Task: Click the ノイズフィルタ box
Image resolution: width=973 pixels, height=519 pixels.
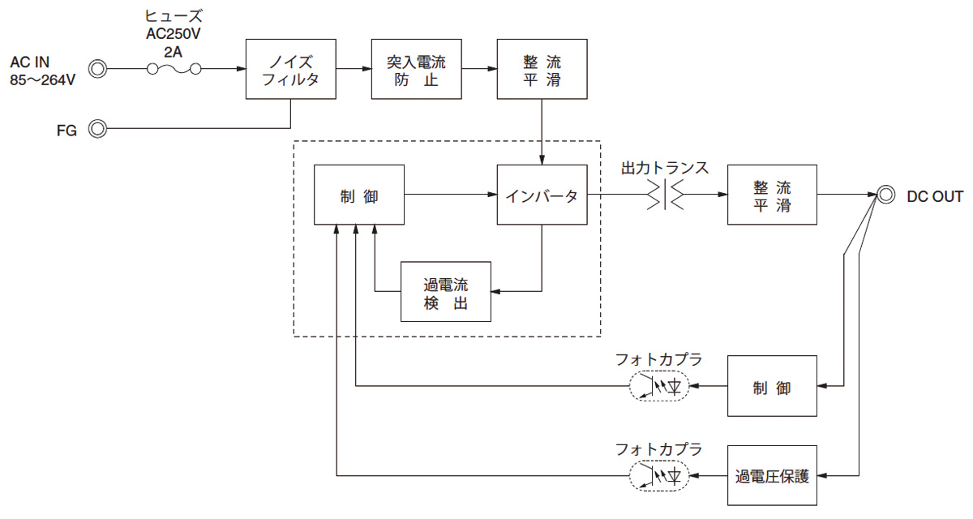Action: pos(290,70)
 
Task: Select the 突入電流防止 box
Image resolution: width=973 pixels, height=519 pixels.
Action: pos(416,70)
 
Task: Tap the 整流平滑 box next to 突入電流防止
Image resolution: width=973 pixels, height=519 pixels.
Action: pos(542,70)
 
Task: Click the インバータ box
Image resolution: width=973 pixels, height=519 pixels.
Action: pos(542,195)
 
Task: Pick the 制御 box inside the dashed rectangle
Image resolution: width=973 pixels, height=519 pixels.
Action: pos(359,195)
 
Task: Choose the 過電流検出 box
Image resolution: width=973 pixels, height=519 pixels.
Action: pos(446,292)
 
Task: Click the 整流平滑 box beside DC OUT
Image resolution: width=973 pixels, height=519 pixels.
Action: pos(772,195)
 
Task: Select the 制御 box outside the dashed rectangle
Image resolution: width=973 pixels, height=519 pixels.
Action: pos(772,387)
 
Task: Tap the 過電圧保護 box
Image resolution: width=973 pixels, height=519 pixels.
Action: pos(772,475)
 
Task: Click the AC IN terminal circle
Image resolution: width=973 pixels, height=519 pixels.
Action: pos(98,70)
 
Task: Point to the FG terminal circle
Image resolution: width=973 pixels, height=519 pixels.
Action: pos(98,129)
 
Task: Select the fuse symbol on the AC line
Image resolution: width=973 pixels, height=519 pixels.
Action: pos(174,70)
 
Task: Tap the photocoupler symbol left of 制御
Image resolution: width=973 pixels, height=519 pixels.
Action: pos(658,387)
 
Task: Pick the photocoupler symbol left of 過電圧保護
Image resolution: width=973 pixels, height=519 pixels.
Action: pos(658,475)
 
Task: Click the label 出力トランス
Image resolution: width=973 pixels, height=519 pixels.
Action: pos(665,169)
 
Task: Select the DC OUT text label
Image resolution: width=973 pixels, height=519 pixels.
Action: pos(936,196)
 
